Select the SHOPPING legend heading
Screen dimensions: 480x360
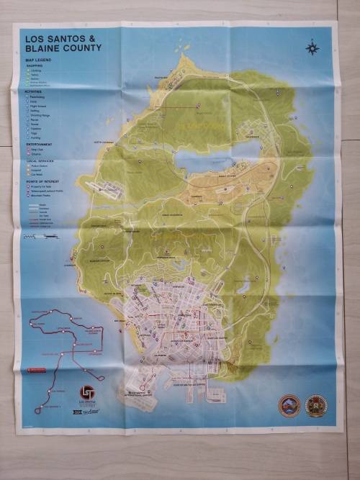[x=34, y=65]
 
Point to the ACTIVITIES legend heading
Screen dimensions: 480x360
[x=35, y=92]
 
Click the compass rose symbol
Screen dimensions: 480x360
[x=312, y=48]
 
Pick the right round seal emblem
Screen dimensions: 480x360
[x=316, y=405]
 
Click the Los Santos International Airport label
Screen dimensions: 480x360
[x=140, y=393]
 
